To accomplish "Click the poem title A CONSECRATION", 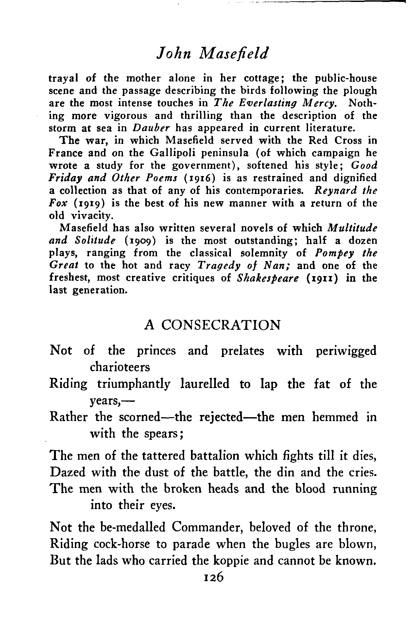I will (x=212, y=325).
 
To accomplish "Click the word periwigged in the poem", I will (x=346, y=351).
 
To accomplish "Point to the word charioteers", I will (x=120, y=367).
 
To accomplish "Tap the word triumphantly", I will (x=134, y=384).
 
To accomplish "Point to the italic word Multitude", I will (x=352, y=228).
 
